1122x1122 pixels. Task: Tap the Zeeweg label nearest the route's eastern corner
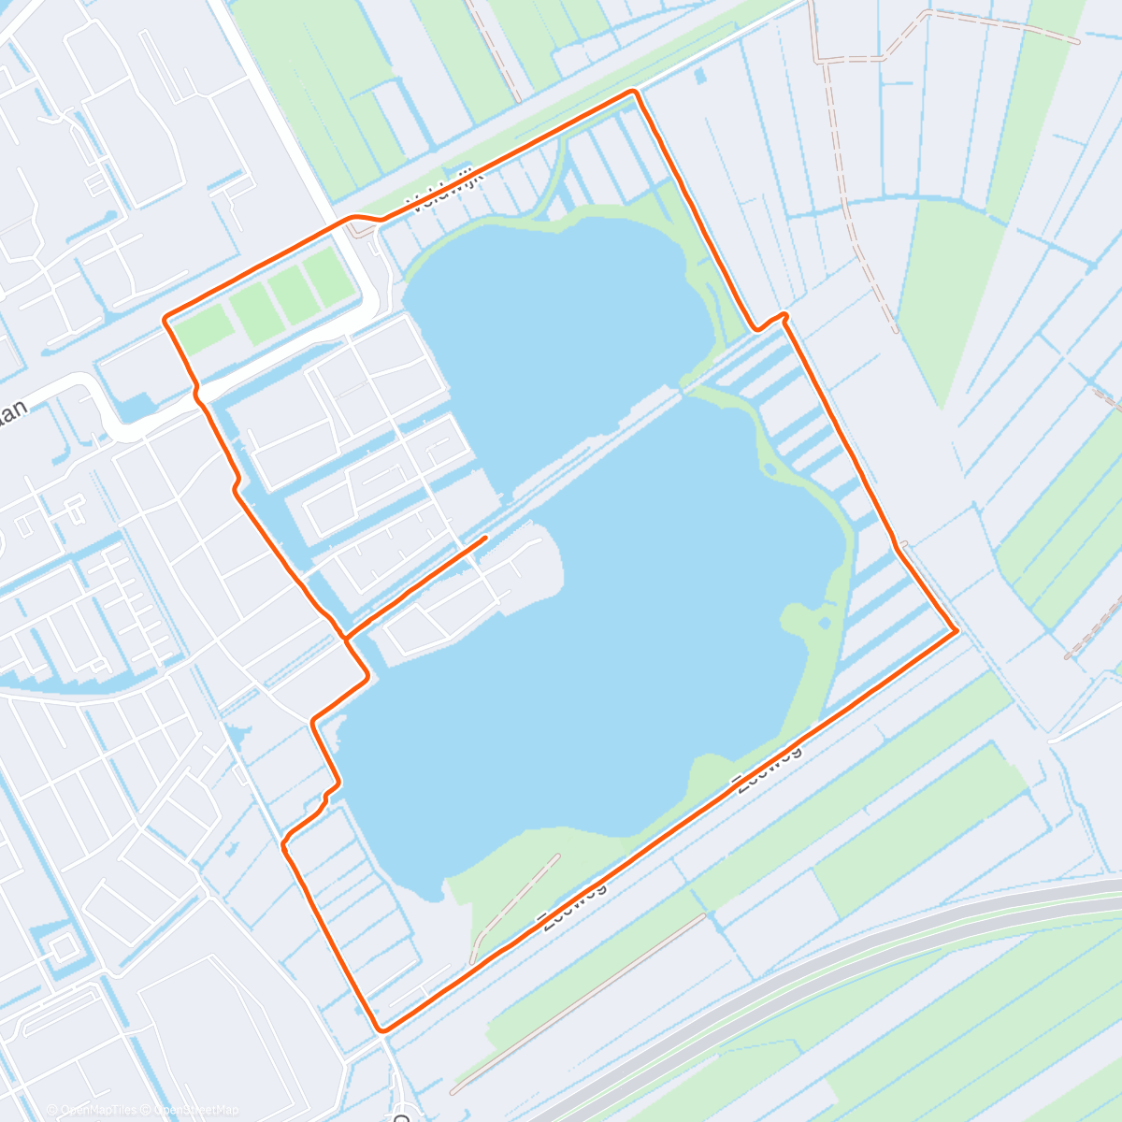[768, 768]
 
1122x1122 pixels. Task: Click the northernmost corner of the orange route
[634, 92]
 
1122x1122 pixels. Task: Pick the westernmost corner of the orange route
[165, 320]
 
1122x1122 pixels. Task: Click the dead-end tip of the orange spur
[485, 538]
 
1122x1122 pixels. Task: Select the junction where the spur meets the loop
[346, 639]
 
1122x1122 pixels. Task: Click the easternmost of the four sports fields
[326, 277]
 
